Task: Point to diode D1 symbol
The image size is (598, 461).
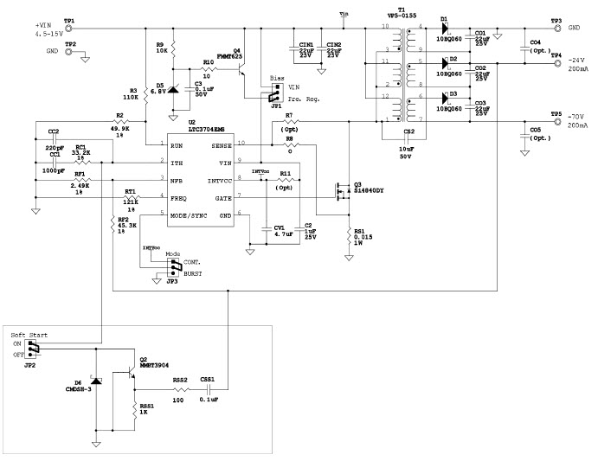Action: click(444, 28)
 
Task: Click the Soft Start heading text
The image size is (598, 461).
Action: click(29, 333)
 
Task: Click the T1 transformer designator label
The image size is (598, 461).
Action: click(401, 10)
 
